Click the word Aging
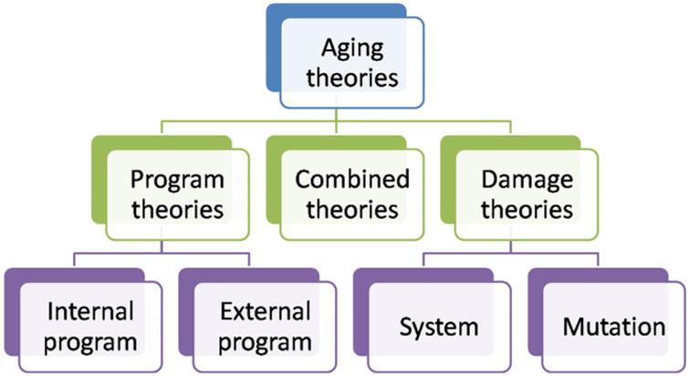click(x=352, y=48)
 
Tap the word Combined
click(x=352, y=179)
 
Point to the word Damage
click(x=527, y=181)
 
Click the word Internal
click(x=90, y=311)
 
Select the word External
click(x=266, y=311)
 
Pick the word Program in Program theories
click(x=177, y=181)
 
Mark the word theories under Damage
click(x=527, y=209)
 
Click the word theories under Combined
click(x=352, y=209)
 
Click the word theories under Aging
click(x=352, y=77)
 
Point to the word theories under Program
click(x=178, y=209)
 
